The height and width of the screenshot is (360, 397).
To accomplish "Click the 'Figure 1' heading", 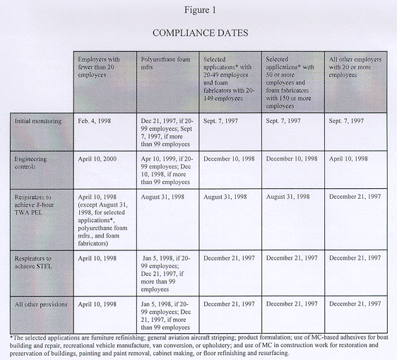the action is (198, 10).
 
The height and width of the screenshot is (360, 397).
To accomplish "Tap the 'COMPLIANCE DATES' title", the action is (198, 33).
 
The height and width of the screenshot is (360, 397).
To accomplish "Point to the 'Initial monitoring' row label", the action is (38, 120).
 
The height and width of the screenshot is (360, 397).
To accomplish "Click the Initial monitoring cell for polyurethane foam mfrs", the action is (169, 130).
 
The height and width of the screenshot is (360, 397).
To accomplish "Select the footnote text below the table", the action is (198, 346).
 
